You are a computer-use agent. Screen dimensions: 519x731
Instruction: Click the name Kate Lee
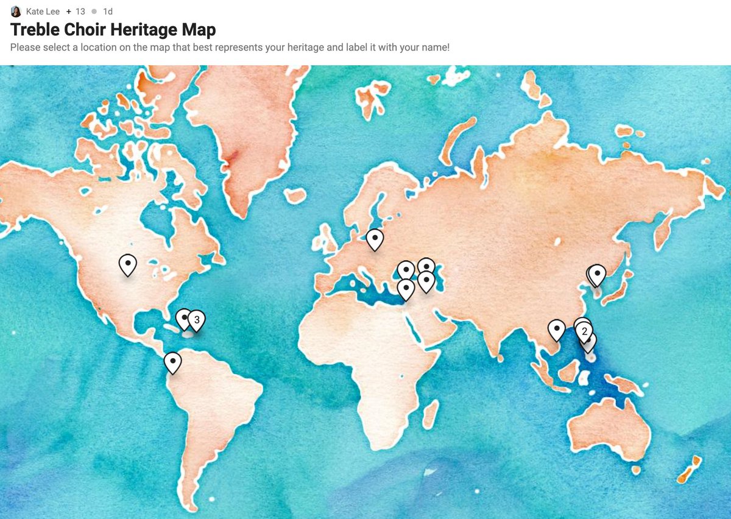tap(43, 12)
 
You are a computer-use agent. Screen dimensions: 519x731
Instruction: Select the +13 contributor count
tap(77, 12)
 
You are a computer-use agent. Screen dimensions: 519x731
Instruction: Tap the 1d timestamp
tap(108, 12)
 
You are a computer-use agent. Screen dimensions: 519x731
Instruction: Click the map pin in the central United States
tap(127, 264)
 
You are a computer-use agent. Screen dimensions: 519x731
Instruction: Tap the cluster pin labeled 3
tap(196, 319)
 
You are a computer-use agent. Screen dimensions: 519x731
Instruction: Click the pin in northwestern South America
tap(173, 362)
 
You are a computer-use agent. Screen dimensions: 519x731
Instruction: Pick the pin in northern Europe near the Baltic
tap(375, 238)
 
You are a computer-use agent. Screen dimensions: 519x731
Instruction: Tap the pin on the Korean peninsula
tap(597, 275)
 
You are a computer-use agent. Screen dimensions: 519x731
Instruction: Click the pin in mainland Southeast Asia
tap(556, 329)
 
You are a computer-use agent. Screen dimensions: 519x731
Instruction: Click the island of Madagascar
tap(431, 413)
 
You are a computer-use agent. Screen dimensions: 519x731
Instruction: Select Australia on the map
tap(609, 426)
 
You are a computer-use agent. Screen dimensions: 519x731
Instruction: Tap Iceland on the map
tap(295, 196)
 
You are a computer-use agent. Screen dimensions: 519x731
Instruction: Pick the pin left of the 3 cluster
tap(183, 318)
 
